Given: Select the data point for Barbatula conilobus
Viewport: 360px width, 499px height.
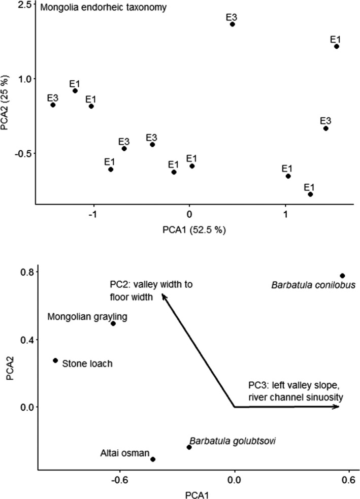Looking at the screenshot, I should (x=342, y=276).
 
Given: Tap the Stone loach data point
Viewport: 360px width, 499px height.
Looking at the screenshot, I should (x=55, y=360).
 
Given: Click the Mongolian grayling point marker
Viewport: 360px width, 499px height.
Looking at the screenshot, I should (x=113, y=323).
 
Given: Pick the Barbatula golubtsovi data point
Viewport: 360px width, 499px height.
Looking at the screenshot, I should (x=189, y=447).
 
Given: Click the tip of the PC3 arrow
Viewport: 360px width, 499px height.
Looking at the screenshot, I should (x=339, y=407).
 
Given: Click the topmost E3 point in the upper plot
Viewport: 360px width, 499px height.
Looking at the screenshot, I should (x=232, y=24).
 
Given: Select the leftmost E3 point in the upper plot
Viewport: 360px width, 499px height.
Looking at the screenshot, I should (x=53, y=105).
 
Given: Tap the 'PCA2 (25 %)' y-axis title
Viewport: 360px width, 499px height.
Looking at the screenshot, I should (x=6, y=102).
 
